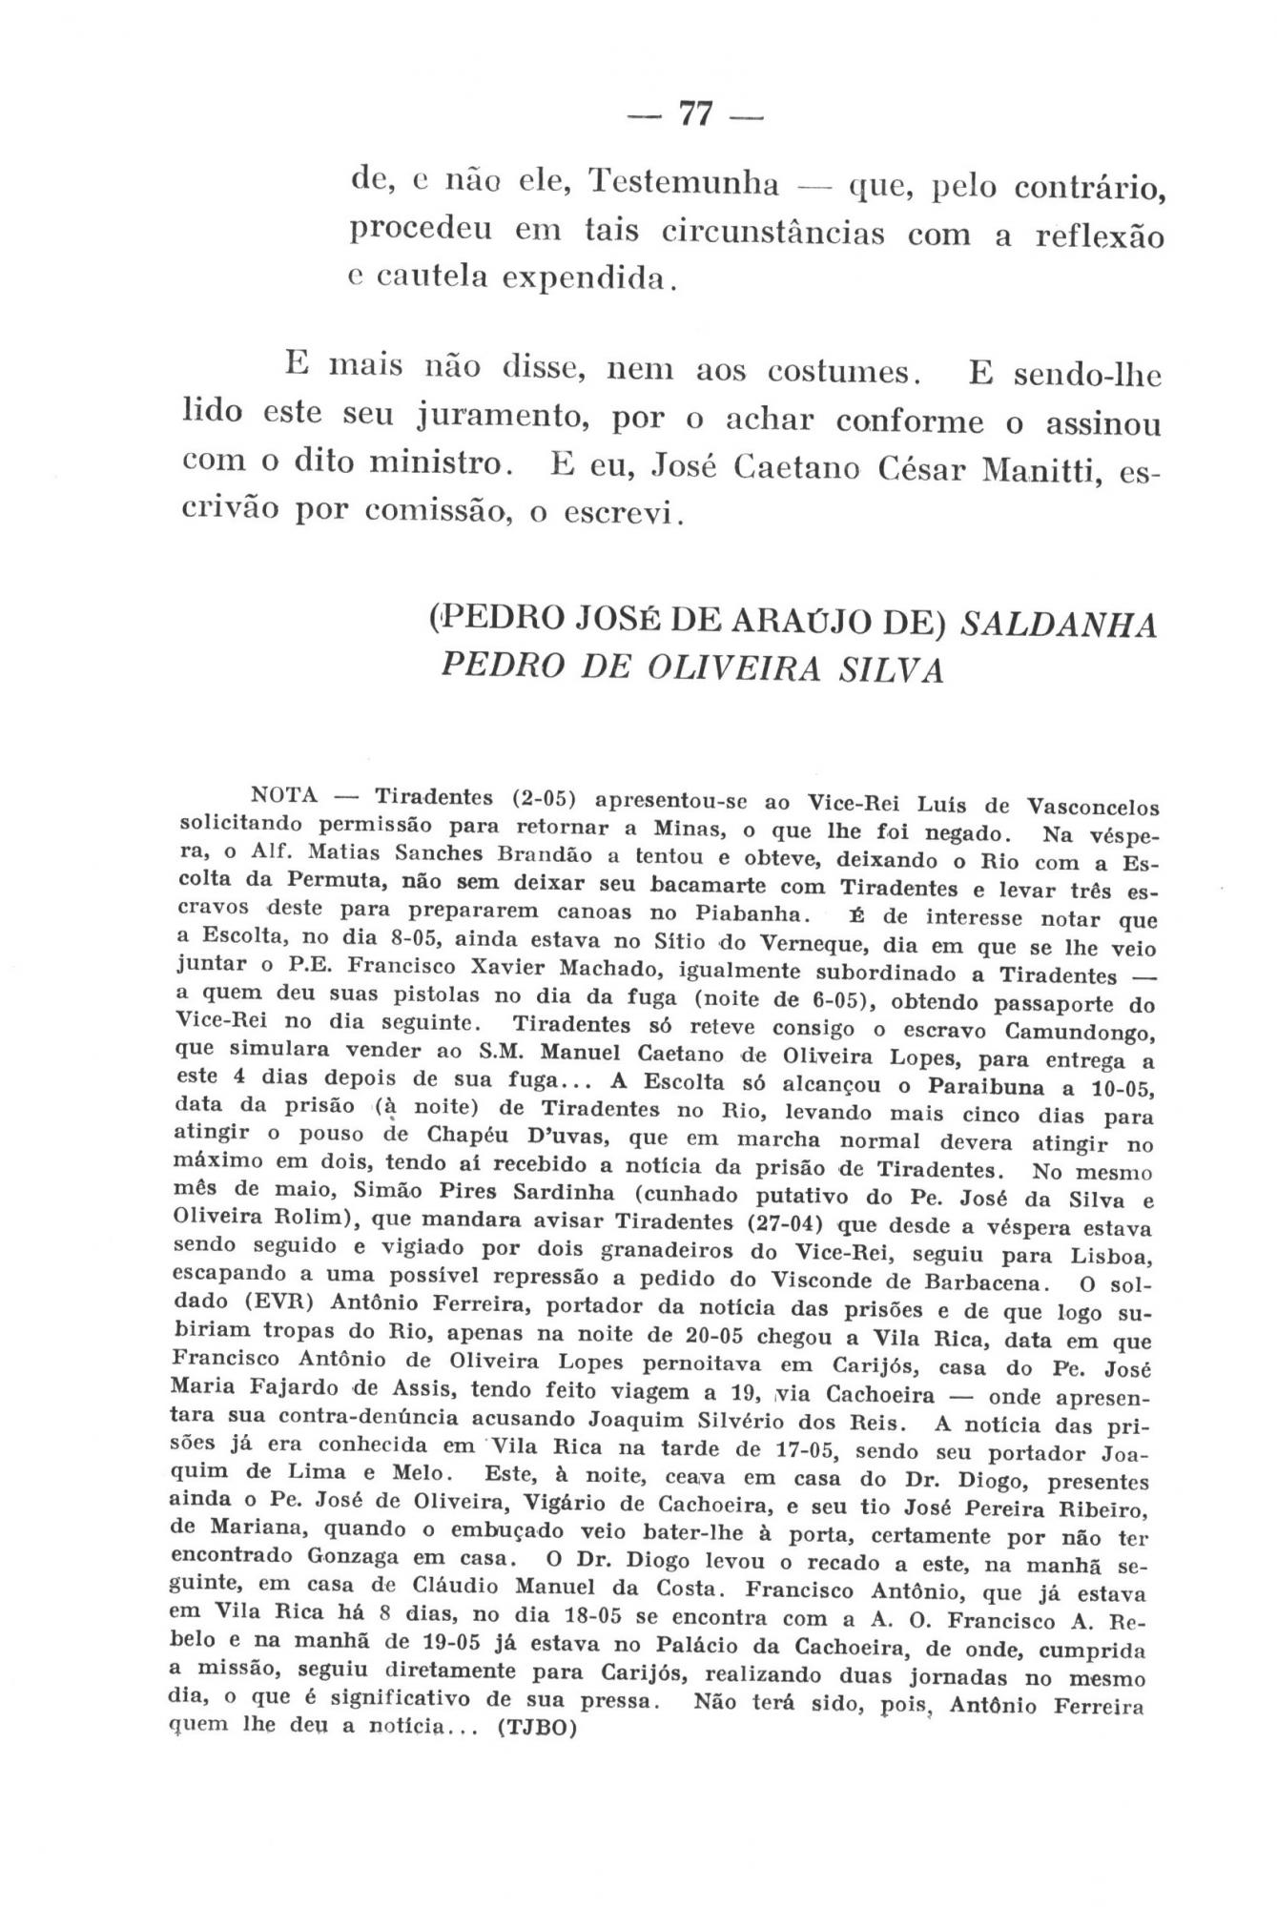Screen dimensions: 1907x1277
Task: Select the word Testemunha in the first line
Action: pyautogui.click(x=683, y=181)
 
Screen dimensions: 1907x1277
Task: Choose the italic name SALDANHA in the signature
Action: pyautogui.click(x=1058, y=625)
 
